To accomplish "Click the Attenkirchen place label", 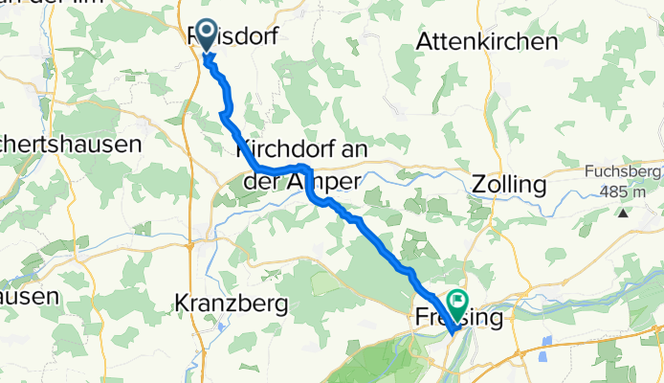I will [487, 43].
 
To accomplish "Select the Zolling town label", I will [509, 184].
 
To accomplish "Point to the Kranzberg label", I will [232, 304].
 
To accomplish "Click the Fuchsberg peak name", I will [620, 174].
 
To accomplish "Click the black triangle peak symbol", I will [623, 211].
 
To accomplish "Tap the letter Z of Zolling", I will [479, 184].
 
